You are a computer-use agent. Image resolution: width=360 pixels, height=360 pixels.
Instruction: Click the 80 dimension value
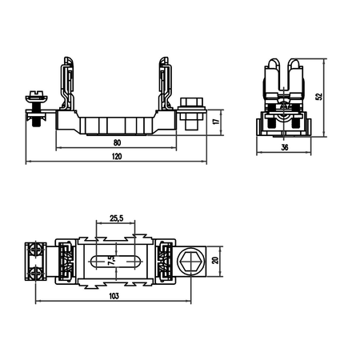pyautogui.click(x=117, y=142)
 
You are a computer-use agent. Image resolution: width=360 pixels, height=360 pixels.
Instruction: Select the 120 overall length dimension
pyautogui.click(x=117, y=156)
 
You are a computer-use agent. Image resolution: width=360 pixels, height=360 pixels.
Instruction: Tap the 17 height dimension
pyautogui.click(x=217, y=121)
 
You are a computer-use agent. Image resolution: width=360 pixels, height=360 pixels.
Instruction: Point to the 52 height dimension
pyautogui.click(x=319, y=97)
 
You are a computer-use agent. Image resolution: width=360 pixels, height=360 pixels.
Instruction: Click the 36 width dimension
pyautogui.click(x=285, y=147)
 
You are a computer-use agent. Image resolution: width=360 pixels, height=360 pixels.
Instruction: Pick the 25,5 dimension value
pyautogui.click(x=116, y=218)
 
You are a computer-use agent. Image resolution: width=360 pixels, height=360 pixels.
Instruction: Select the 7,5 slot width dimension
pyautogui.click(x=111, y=261)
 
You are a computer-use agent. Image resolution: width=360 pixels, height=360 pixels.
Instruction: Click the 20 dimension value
pyautogui.click(x=215, y=260)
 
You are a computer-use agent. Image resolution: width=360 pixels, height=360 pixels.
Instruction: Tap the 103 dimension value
pyautogui.click(x=114, y=296)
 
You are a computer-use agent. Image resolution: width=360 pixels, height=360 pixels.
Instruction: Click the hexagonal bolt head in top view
pyautogui.click(x=191, y=262)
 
